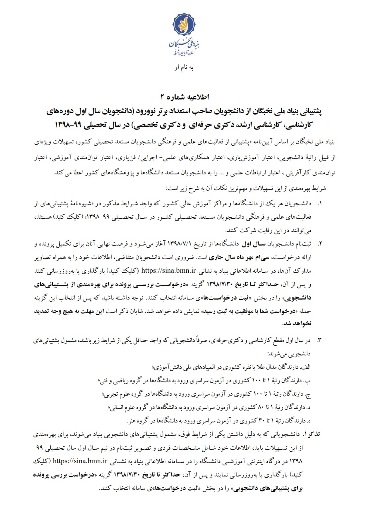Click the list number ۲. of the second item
click(x=319, y=244)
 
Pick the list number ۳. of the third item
click(x=319, y=341)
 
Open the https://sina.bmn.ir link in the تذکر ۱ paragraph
click(x=80, y=461)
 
